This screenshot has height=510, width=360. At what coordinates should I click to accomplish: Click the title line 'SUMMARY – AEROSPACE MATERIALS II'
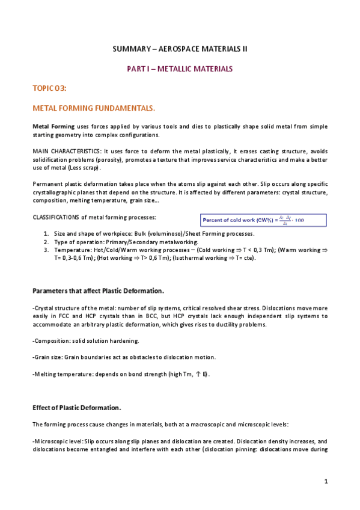180,48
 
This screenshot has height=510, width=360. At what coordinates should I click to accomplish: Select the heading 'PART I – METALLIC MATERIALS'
180,69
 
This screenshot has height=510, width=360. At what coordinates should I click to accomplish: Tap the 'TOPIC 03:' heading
49,89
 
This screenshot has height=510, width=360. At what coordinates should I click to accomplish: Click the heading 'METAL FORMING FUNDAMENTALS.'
85,109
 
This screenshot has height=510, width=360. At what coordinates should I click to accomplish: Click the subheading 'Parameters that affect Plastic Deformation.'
98,291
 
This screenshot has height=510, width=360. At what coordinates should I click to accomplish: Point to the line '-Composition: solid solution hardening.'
85,341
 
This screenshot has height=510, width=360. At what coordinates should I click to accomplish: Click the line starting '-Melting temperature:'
120,374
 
